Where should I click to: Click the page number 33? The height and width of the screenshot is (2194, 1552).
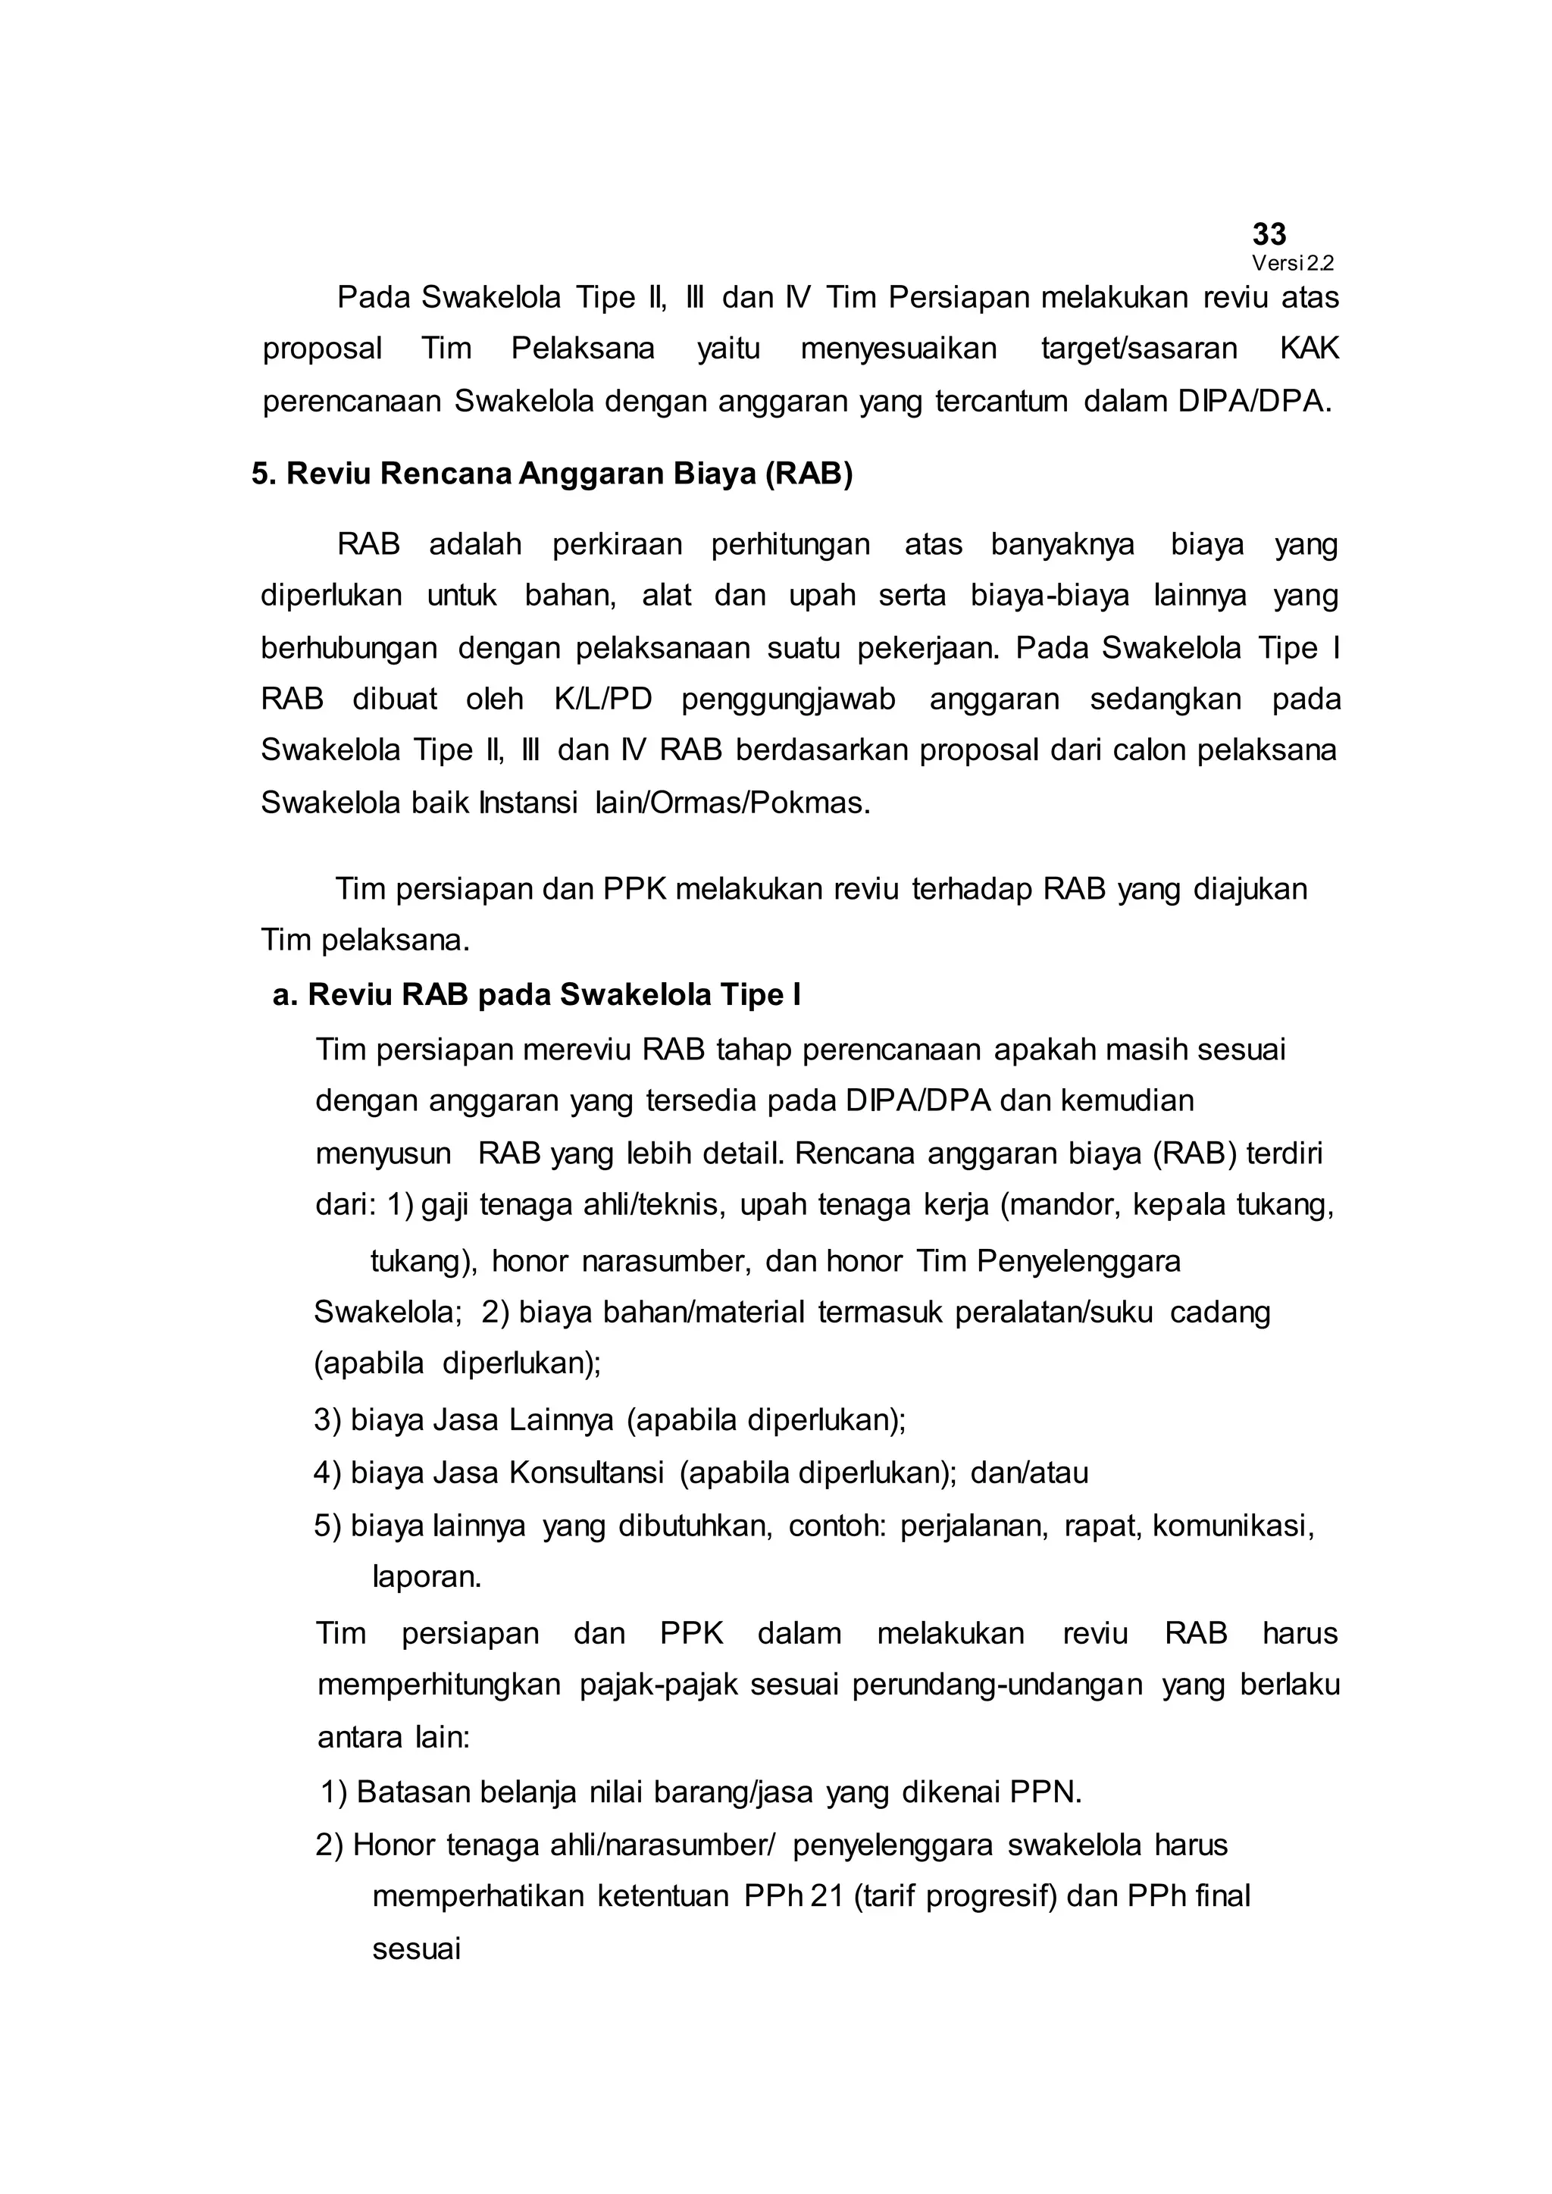tap(1269, 234)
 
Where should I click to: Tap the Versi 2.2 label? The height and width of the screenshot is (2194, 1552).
tap(1292, 264)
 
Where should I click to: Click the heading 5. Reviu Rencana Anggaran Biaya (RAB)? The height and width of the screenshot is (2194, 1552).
tap(552, 474)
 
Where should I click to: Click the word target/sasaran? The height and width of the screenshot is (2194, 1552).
tap(1138, 349)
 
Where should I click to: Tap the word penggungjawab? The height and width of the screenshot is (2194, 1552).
tap(788, 700)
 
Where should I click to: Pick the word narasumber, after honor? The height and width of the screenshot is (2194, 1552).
tap(659, 1261)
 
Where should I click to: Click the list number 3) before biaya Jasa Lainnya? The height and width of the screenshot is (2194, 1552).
tap(328, 1420)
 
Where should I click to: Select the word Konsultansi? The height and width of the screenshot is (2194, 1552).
tap(586, 1473)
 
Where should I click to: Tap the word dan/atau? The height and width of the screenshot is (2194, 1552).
tap(1029, 1473)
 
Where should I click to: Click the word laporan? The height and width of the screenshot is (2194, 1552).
tap(426, 1576)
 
